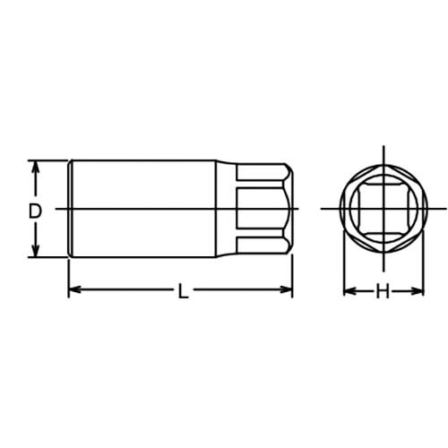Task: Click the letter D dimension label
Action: pyautogui.click(x=35, y=211)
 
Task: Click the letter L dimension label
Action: pyautogui.click(x=183, y=291)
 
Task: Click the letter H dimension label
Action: pyautogui.click(x=383, y=291)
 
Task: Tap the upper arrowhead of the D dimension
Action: pyautogui.click(x=36, y=168)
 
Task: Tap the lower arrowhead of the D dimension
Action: pyautogui.click(x=36, y=250)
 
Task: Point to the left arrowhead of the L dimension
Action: pyautogui.click(x=75, y=289)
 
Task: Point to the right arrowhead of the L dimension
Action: pyautogui.click(x=286, y=289)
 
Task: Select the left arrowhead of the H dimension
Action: pyautogui.click(x=350, y=291)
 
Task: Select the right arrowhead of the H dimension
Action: pyautogui.click(x=417, y=291)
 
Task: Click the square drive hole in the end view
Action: pyautogui.click(x=383, y=208)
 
